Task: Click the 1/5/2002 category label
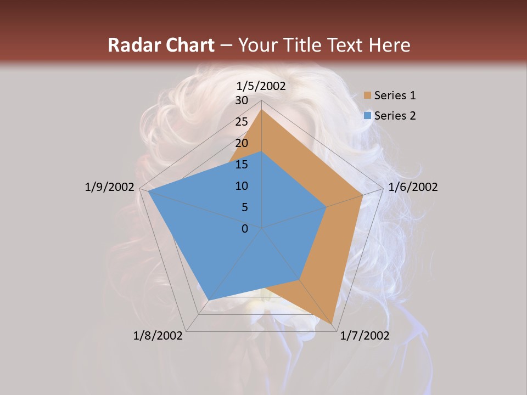point(261,86)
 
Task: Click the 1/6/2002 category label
point(413,187)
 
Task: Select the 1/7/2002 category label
point(365,336)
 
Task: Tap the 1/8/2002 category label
point(158,336)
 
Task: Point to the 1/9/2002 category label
point(110,187)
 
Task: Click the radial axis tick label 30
point(242,100)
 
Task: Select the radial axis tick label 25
point(242,122)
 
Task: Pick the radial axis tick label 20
point(242,143)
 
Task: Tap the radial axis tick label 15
point(242,165)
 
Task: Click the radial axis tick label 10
point(242,186)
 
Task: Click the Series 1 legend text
point(395,95)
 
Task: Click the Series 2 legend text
point(395,116)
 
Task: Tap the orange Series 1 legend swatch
point(368,95)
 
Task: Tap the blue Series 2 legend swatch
point(368,116)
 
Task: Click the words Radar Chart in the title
point(160,45)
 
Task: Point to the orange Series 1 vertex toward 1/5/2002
point(261,109)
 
